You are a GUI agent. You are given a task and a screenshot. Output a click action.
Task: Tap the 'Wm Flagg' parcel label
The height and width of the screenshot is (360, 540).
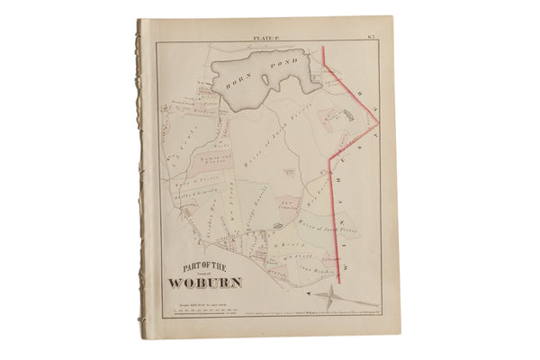(286, 258)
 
